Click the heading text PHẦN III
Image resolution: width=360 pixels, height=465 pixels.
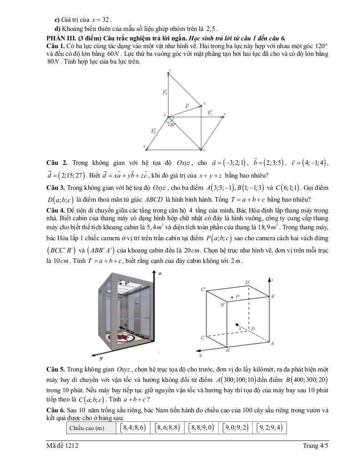click(x=61, y=37)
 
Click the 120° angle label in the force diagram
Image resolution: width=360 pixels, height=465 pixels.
click(x=171, y=124)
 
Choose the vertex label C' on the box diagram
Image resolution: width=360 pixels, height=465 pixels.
click(x=203, y=289)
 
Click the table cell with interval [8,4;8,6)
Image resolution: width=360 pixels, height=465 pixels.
click(x=132, y=428)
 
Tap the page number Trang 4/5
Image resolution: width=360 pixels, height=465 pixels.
click(x=315, y=446)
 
